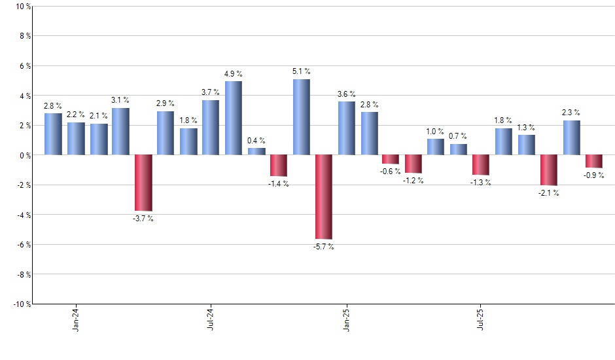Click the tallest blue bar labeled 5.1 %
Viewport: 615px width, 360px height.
[x=301, y=117]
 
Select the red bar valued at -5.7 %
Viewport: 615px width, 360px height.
[x=324, y=197]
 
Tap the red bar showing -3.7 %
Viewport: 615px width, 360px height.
[x=143, y=183]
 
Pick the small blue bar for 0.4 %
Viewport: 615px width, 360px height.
[x=256, y=152]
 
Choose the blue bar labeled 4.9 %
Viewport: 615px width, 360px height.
[x=234, y=118]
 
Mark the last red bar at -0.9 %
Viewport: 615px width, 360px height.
[x=594, y=162]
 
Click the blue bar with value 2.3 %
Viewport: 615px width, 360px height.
[x=571, y=137]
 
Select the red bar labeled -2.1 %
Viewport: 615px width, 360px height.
[x=549, y=170]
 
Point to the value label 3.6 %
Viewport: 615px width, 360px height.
[x=347, y=94]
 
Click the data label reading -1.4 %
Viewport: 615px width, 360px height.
[x=279, y=184]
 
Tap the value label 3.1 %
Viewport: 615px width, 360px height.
[x=120, y=100]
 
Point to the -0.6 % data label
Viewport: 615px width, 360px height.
[x=391, y=171]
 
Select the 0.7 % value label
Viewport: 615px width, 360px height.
[x=459, y=136]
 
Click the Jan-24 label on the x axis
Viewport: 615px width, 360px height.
[x=76, y=318]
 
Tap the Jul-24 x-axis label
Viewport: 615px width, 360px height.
[x=211, y=318]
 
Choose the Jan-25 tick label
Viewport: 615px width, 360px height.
[x=346, y=318]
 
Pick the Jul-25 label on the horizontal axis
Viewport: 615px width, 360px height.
[x=481, y=318]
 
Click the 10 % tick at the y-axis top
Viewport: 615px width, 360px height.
[x=22, y=7]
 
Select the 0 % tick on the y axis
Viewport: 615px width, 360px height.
[x=24, y=156]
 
